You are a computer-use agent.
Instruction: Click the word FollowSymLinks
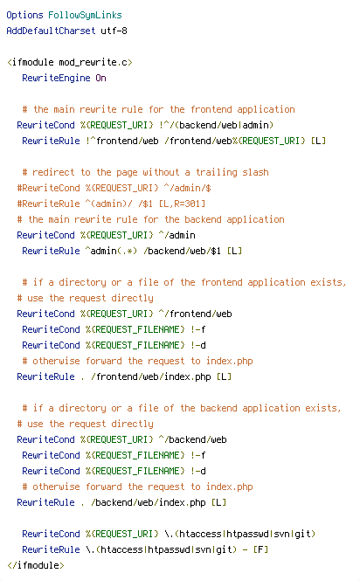click(x=85, y=15)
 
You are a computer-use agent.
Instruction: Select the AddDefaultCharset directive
click(x=51, y=31)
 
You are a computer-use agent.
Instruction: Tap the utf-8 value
click(x=114, y=31)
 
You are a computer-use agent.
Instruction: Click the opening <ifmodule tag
click(x=30, y=62)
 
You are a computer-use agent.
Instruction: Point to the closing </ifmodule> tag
click(x=36, y=565)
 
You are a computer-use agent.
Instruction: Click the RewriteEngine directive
click(x=56, y=78)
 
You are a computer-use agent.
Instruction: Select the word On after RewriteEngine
click(x=101, y=78)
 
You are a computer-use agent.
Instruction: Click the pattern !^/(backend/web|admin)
click(x=216, y=125)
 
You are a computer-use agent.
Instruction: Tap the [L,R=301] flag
click(x=182, y=204)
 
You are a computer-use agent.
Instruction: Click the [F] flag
click(x=260, y=549)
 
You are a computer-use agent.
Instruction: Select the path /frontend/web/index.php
click(x=150, y=376)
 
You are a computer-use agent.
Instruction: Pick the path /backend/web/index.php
click(x=148, y=502)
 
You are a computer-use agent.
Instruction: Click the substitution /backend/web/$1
click(x=182, y=251)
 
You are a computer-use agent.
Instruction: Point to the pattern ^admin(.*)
click(x=111, y=251)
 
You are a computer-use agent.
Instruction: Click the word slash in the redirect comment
click(x=255, y=172)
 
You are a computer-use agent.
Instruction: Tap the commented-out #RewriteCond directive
click(x=48, y=188)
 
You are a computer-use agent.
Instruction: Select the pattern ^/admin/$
click(x=185, y=188)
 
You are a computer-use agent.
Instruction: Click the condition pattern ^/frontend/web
click(x=196, y=314)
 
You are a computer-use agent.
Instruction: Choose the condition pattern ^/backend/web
click(x=193, y=439)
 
